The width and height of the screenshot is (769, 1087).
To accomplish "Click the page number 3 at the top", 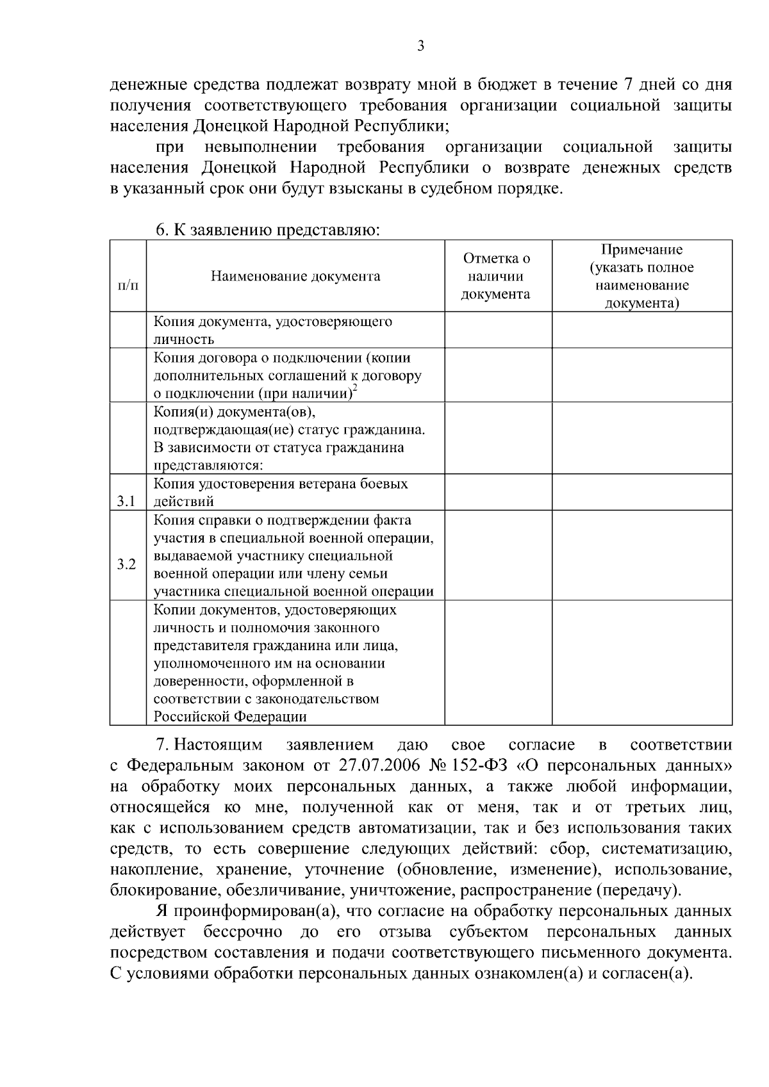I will (420, 45).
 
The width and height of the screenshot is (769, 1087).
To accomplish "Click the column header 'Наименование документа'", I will (295, 277).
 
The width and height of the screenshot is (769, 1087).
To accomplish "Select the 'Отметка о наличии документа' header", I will (497, 277).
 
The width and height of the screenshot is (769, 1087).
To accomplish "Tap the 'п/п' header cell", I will (128, 284).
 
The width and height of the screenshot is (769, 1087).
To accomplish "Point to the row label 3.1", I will (126, 501).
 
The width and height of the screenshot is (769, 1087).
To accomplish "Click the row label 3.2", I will (126, 564).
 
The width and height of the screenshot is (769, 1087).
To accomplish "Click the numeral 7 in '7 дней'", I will (627, 85).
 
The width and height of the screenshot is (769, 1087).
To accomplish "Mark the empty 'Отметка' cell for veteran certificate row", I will (498, 492).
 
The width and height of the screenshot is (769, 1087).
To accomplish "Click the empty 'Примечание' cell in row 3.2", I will (641, 555).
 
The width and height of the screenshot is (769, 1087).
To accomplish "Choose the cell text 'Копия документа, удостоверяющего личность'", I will (272, 330).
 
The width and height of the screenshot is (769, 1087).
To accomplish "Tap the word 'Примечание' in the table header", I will (641, 250).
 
